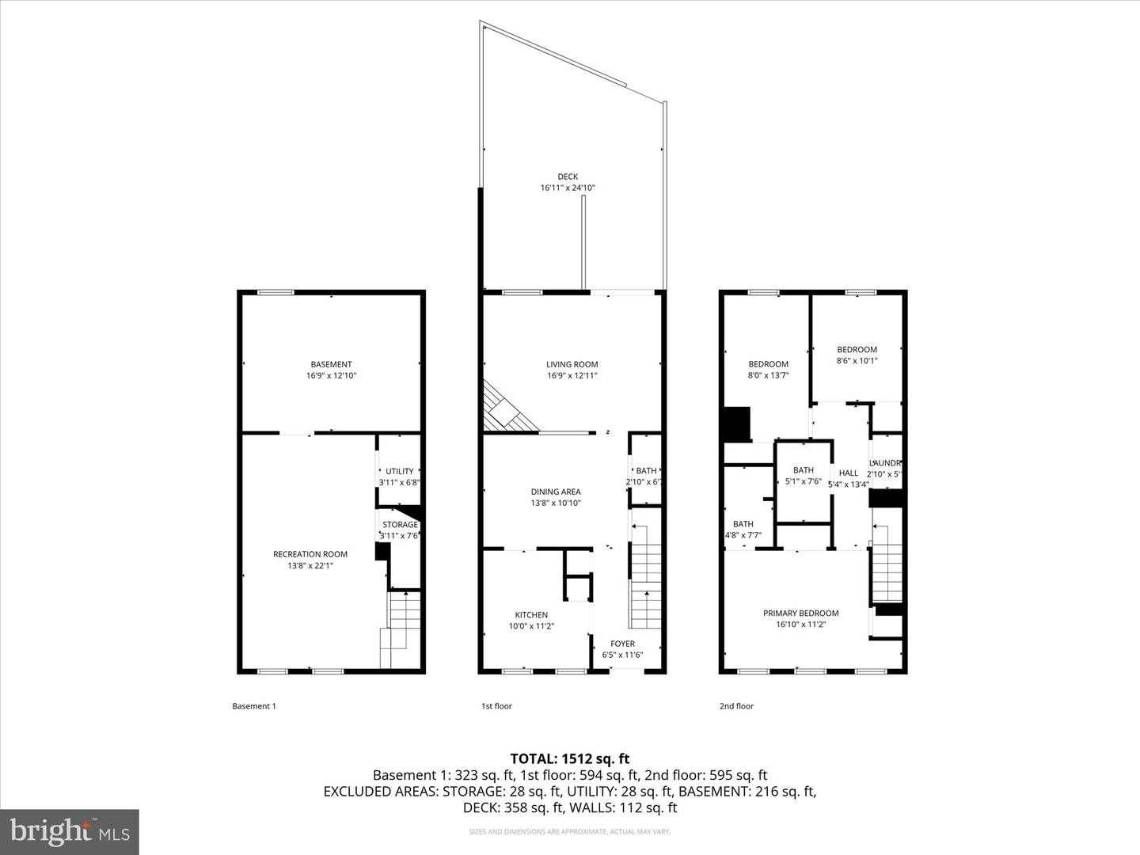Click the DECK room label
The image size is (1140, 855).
[x=567, y=177]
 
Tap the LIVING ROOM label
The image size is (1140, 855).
[x=572, y=365]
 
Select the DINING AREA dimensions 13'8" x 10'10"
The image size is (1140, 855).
[x=556, y=503]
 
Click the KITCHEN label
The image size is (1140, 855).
[x=531, y=615]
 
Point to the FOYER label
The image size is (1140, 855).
[x=622, y=644]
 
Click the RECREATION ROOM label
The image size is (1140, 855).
[x=310, y=554]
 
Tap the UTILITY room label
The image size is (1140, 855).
[x=400, y=471]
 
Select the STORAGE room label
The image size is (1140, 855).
[x=400, y=525]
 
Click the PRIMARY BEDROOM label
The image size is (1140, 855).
[x=800, y=613]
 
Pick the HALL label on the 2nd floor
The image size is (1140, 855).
[x=849, y=473]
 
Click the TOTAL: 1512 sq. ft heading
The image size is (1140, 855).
[x=570, y=758]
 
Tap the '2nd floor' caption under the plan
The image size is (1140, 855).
[x=736, y=706]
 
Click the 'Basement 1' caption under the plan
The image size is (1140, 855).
[x=253, y=706]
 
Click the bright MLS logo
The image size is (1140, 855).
[x=70, y=831]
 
